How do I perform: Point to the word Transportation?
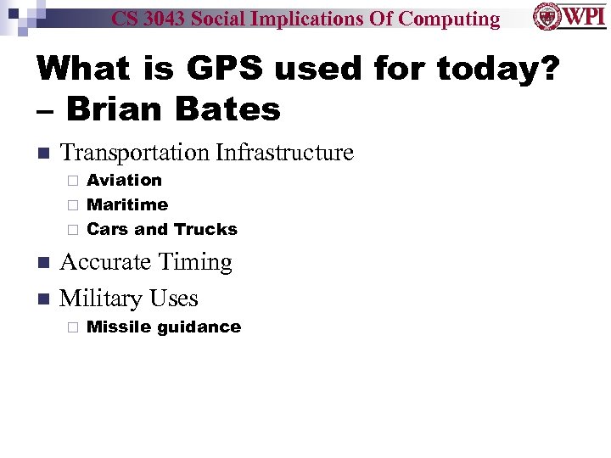coord(136,153)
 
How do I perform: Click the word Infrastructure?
coord(284,153)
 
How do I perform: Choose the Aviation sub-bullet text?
coord(124,180)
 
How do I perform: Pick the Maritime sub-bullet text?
coord(127,204)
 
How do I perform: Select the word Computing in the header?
coord(449,19)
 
